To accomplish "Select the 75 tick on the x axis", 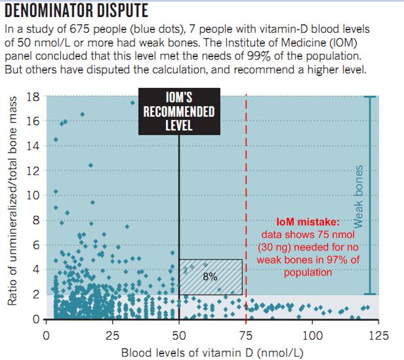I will [246, 337].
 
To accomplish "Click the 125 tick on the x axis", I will [379, 337].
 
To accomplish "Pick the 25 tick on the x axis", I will [112, 337].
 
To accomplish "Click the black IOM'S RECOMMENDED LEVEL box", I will [179, 112].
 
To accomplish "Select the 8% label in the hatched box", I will [211, 277].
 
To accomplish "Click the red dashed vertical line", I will [246, 197].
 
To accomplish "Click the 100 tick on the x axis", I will [312, 337].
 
